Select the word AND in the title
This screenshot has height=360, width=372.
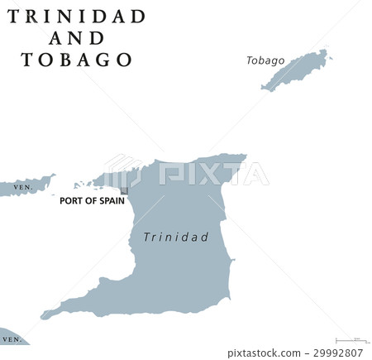[77, 38]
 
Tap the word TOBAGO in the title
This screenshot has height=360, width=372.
[77, 60]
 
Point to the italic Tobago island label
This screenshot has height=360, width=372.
[265, 60]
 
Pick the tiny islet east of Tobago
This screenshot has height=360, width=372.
[331, 57]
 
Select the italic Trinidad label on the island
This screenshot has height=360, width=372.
[176, 237]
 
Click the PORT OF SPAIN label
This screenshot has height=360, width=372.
[91, 200]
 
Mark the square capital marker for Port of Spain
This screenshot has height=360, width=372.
[124, 190]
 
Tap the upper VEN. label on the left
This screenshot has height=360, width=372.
[23, 188]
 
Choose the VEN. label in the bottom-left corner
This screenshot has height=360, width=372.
[11, 339]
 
